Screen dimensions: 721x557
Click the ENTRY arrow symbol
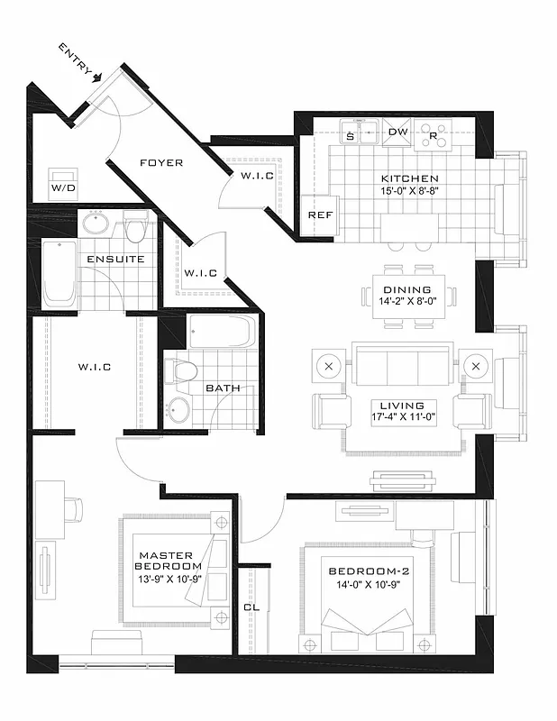pos(96,78)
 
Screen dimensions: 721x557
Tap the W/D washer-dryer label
pos(63,188)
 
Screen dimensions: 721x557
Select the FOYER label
pos(161,163)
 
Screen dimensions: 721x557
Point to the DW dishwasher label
pos(397,132)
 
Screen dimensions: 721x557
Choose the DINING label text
pos(407,290)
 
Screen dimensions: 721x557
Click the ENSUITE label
pos(115,260)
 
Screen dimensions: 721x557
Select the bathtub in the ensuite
pos(61,271)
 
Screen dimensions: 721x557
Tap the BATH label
pos(222,388)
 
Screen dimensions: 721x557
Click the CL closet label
pos(252,607)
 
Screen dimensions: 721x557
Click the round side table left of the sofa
pos(328,367)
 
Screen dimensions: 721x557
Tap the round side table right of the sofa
pos(477,367)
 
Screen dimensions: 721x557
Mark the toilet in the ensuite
pos(136,228)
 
